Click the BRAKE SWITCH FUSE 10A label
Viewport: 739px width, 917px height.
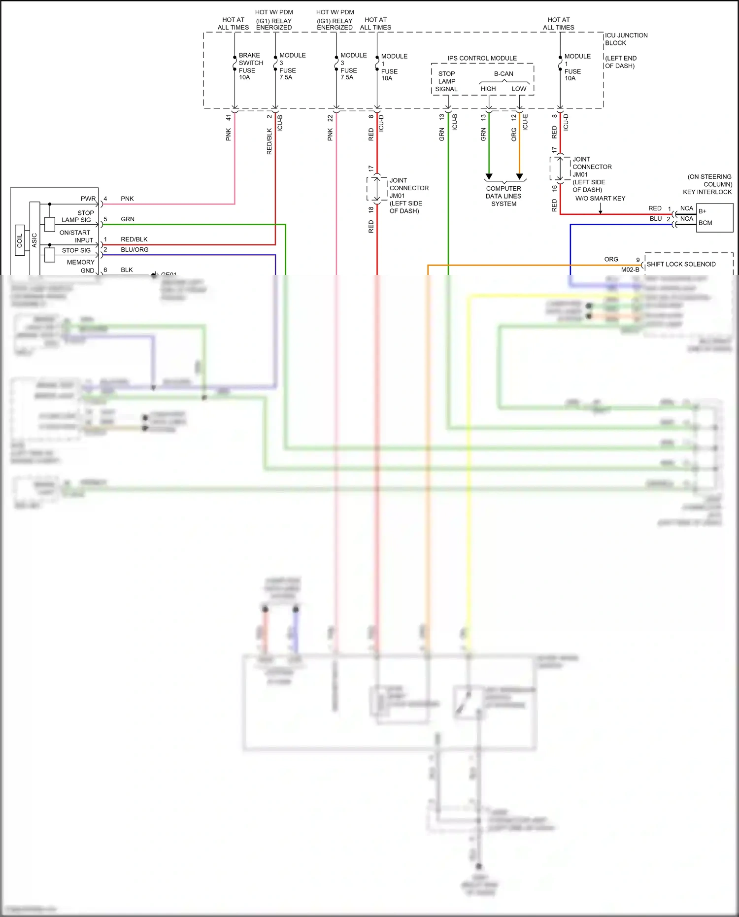pyautogui.click(x=250, y=66)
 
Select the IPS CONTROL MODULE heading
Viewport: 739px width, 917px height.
pyautogui.click(x=482, y=58)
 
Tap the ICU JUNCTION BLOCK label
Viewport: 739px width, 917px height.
pyautogui.click(x=626, y=39)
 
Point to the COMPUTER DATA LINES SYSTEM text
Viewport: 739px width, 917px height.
pyautogui.click(x=504, y=196)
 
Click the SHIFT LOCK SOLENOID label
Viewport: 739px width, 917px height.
pyautogui.click(x=681, y=264)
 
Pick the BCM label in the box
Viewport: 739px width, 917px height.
pyautogui.click(x=705, y=223)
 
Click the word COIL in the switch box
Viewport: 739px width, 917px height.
pyautogui.click(x=20, y=240)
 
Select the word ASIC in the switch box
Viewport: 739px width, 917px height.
pyautogui.click(x=34, y=240)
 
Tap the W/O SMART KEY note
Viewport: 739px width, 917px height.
pyautogui.click(x=600, y=199)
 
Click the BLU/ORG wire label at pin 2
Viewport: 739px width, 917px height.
pyautogui.click(x=134, y=250)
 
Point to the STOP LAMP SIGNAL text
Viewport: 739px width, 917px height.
pyautogui.click(x=446, y=81)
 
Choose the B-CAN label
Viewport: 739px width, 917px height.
pyautogui.click(x=504, y=74)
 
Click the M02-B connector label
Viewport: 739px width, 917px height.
pyautogui.click(x=630, y=270)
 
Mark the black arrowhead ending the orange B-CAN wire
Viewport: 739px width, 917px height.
pyautogui.click(x=519, y=176)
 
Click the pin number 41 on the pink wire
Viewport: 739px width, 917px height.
pyautogui.click(x=228, y=118)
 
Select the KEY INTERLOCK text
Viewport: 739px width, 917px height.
pyautogui.click(x=707, y=192)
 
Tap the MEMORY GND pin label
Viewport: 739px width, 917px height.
pyautogui.click(x=81, y=266)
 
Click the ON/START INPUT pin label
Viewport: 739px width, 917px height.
pyautogui.click(x=76, y=237)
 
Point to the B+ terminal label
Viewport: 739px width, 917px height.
pyautogui.click(x=702, y=211)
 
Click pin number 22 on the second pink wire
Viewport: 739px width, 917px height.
pyautogui.click(x=330, y=118)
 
